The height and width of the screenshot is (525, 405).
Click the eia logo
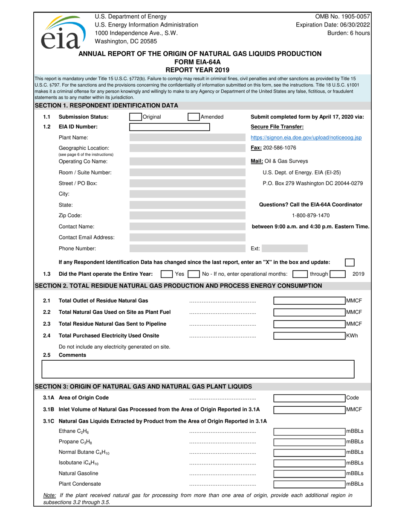pos(62,31)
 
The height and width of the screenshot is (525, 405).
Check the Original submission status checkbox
pos(135,117)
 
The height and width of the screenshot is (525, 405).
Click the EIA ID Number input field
pos(169,127)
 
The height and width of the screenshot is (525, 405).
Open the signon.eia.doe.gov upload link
pos(306,137)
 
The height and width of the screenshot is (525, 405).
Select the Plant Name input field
pos(187,137)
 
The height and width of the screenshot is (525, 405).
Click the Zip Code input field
pos(187,216)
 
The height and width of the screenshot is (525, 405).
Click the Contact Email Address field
pos(187,237)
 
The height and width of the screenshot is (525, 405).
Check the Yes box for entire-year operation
pos(166,274)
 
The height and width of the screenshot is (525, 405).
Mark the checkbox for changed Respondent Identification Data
pos(349,262)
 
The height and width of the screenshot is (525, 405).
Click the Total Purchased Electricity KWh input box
pos(309,335)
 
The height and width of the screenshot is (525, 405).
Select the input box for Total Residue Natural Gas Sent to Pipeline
pos(309,324)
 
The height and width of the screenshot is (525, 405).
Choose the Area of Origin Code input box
pos(309,398)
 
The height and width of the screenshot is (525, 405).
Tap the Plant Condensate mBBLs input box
pos(309,484)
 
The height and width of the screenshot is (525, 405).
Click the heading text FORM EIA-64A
pos(197,62)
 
